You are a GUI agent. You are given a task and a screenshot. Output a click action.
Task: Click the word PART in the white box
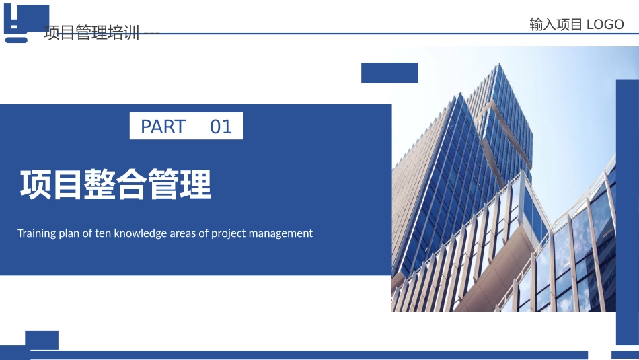[163, 127]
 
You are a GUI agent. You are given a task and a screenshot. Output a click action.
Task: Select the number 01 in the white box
[221, 127]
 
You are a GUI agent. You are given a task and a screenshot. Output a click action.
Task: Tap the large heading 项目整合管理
[116, 184]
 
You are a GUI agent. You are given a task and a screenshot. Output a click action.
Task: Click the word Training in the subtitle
[37, 233]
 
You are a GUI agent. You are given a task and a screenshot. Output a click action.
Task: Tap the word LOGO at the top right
[605, 24]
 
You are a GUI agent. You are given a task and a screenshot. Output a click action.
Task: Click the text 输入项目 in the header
[556, 24]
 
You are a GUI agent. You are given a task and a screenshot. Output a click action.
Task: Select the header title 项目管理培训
[91, 32]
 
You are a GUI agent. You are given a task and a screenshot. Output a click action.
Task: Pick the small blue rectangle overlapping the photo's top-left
[389, 73]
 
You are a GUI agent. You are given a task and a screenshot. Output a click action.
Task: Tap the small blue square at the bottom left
[42, 340]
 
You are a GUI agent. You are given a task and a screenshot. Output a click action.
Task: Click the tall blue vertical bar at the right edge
[627, 213]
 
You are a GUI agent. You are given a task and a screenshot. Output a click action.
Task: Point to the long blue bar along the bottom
[309, 355]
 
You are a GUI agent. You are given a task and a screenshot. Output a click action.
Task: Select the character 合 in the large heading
[132, 184]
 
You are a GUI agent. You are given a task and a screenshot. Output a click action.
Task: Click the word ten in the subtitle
[103, 233]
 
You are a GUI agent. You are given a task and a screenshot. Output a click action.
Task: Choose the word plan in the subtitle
[69, 234]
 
